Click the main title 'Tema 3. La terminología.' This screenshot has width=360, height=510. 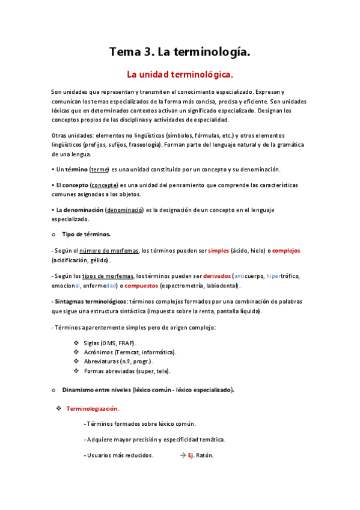coord(179,52)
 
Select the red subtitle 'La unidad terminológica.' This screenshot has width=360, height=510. coord(179,75)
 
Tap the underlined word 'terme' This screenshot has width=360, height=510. coord(100,170)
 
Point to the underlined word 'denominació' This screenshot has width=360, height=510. coord(125,210)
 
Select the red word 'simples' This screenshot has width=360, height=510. coord(218,250)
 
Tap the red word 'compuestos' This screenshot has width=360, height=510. coord(141,285)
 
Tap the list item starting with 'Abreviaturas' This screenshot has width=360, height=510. coord(118,361)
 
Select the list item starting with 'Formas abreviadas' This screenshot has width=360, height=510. coord(127,371)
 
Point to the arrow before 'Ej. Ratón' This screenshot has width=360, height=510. coord(183,455)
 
